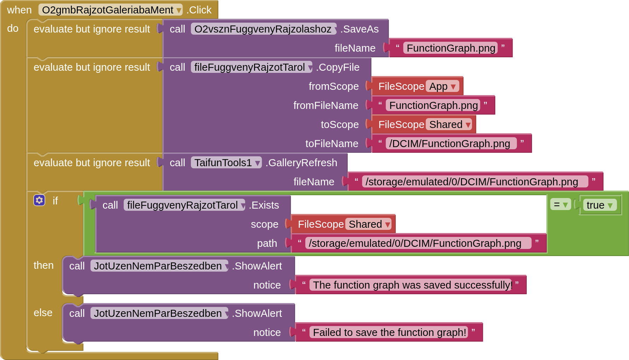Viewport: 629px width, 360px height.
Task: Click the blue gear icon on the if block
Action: (39, 200)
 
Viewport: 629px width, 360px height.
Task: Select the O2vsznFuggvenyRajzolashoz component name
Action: (263, 29)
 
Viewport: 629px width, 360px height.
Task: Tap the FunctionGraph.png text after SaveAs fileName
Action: (451, 48)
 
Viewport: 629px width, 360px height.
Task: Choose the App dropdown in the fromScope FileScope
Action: (442, 86)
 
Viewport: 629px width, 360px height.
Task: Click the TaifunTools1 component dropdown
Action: (226, 163)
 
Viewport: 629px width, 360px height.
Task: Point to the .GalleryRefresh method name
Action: (301, 163)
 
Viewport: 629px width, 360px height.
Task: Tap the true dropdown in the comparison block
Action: (599, 205)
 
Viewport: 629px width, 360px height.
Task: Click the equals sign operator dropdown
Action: (560, 204)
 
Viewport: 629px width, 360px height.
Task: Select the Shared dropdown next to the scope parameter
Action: (369, 224)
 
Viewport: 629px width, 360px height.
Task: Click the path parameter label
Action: (267, 243)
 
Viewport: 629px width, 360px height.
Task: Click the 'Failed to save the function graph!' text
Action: (389, 332)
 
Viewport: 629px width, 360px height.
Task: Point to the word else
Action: (43, 313)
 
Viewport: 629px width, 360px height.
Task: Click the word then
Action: (44, 265)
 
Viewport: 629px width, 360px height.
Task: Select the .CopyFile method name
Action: (338, 67)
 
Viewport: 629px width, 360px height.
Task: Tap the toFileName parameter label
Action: (331, 144)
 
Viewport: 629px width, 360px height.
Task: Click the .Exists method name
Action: (264, 205)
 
